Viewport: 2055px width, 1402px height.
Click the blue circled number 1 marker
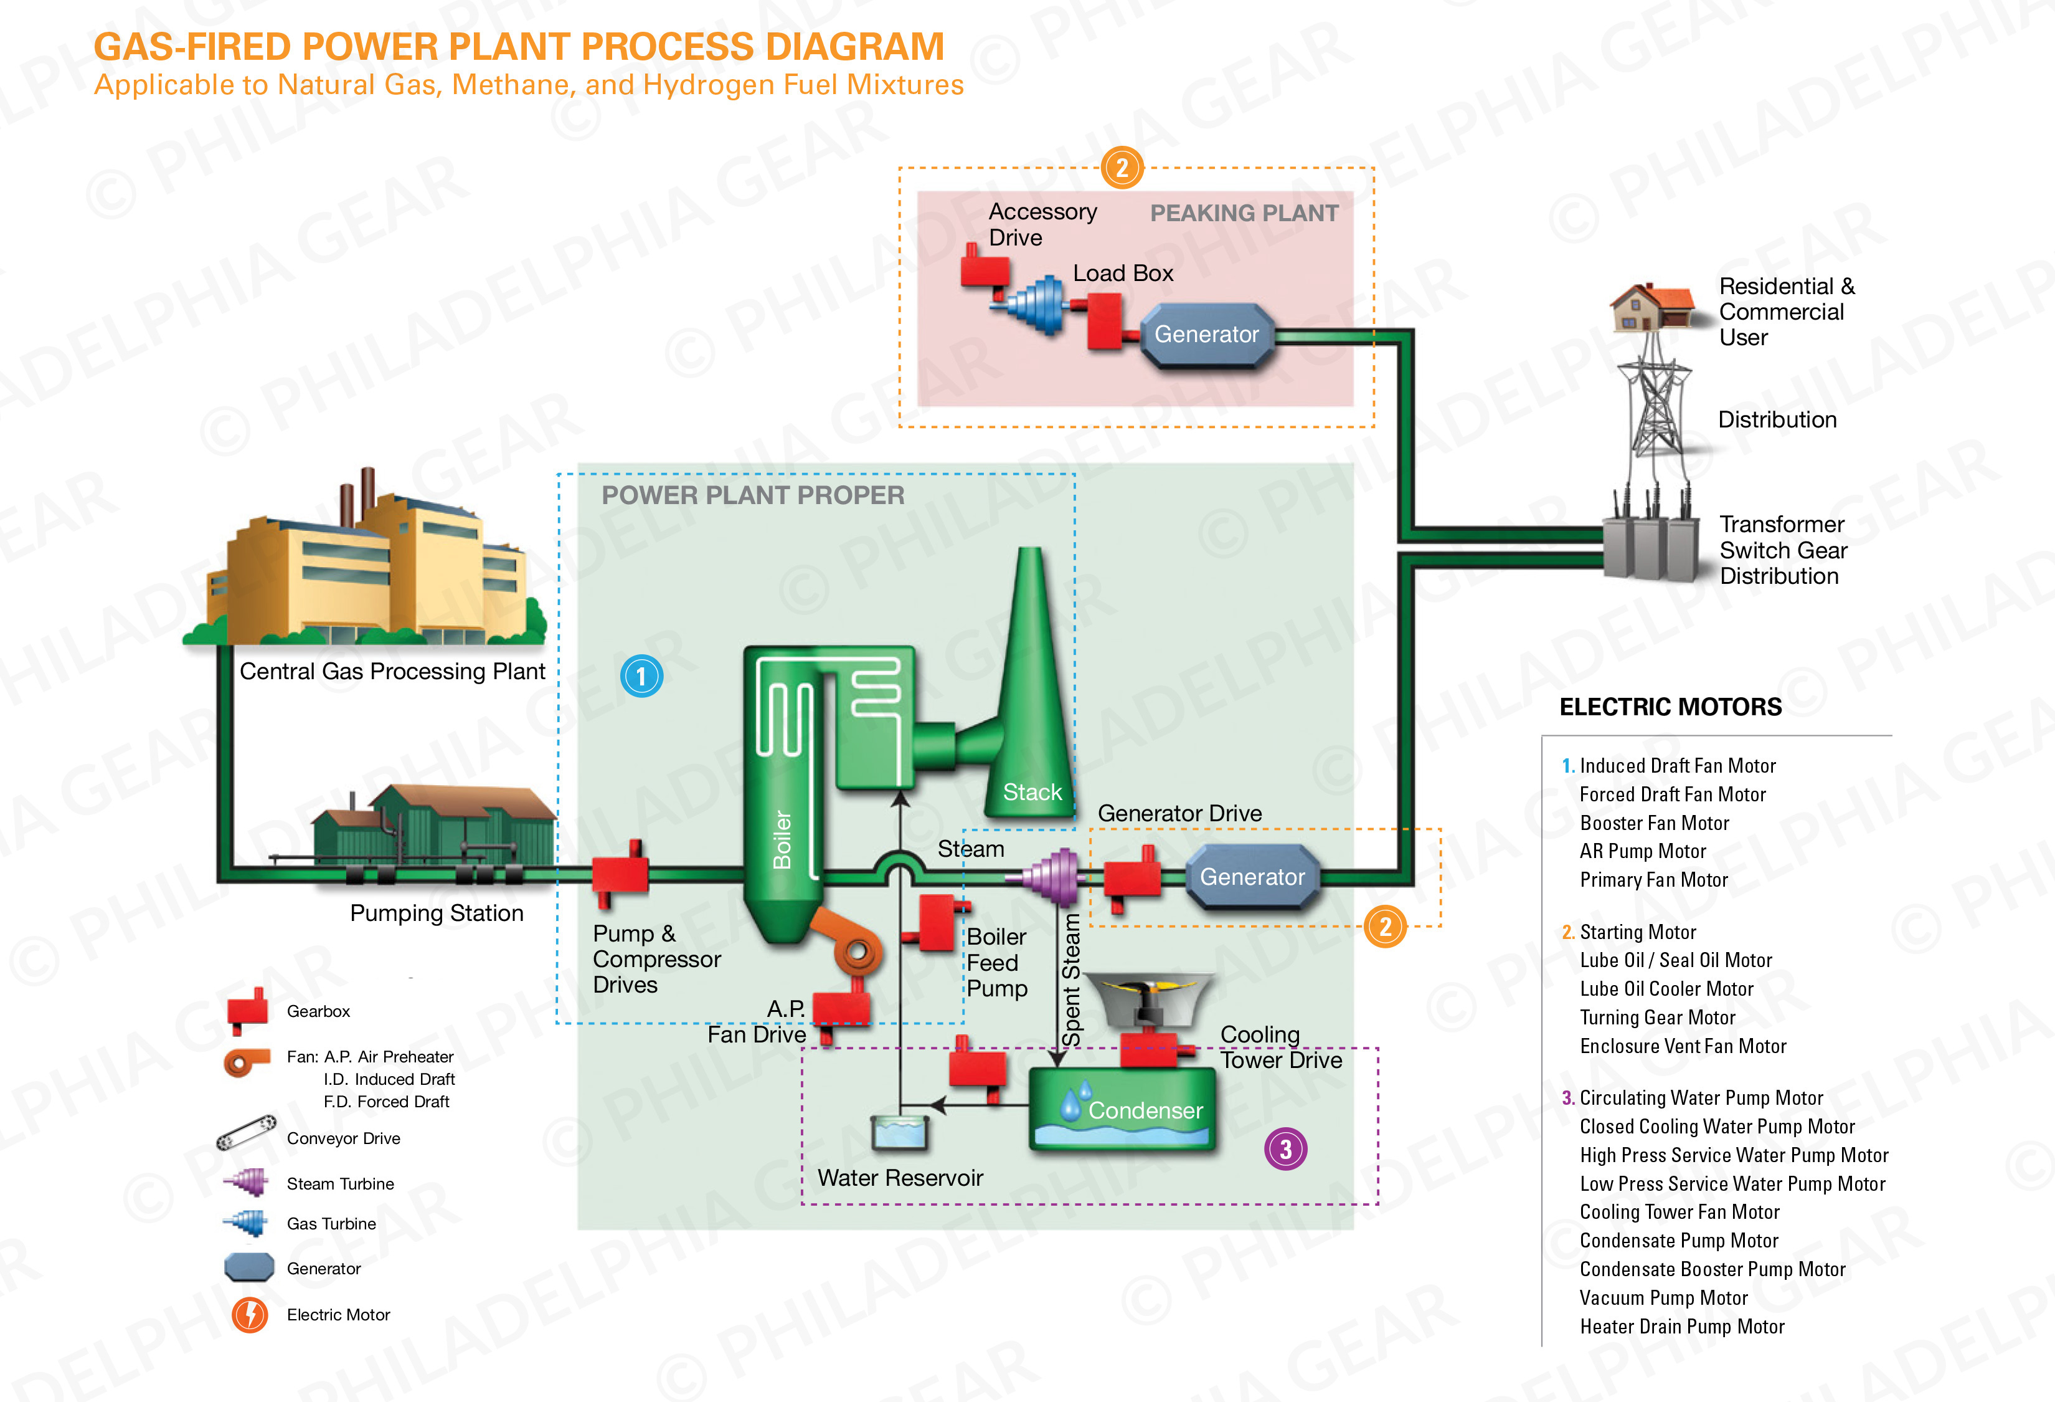pos(641,677)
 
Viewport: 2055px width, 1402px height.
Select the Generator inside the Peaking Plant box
pos(1207,335)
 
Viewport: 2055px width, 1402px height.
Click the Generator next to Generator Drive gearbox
pos(1252,877)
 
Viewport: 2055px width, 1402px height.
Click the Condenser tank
pos(1122,1110)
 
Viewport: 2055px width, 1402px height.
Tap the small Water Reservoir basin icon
pos(899,1132)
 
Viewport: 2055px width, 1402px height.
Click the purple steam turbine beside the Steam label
pos(1055,877)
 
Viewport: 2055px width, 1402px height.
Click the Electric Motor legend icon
pos(250,1314)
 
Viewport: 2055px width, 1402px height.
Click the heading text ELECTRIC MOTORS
pos(1670,707)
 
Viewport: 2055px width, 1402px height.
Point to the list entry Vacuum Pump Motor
pos(1663,1297)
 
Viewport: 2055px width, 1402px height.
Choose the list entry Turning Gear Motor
pos(1657,1017)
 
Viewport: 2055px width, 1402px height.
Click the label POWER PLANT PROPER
pos(752,495)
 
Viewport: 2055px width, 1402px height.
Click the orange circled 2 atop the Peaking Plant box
pos(1122,168)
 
